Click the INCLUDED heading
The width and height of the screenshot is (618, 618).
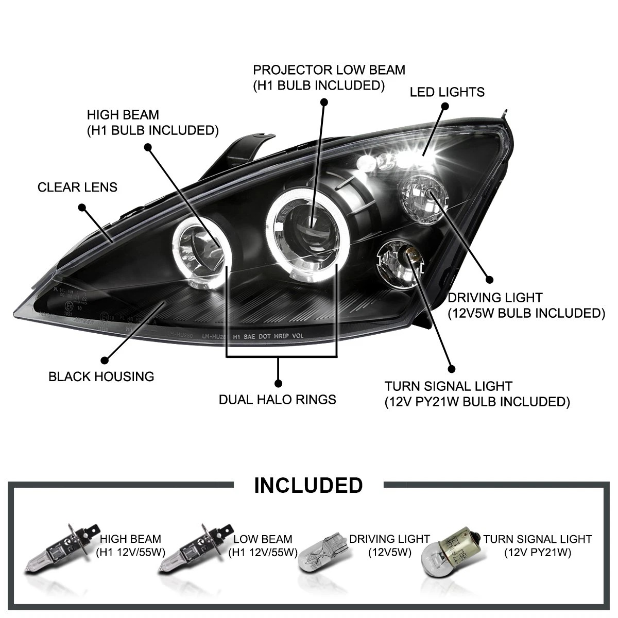[x=308, y=486]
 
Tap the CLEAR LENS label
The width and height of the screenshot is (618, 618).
[x=77, y=187]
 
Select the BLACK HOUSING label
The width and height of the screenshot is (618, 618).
[x=101, y=376]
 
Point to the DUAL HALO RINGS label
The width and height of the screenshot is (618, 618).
[x=277, y=400]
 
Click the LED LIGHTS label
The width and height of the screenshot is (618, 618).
[x=447, y=92]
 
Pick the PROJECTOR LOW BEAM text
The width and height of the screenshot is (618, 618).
[x=329, y=70]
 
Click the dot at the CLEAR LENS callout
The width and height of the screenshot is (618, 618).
[x=81, y=208]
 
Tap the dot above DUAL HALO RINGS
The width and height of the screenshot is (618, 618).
[x=278, y=383]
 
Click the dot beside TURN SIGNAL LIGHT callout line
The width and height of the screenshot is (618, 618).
[x=452, y=369]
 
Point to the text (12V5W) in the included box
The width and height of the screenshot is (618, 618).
[x=389, y=553]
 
